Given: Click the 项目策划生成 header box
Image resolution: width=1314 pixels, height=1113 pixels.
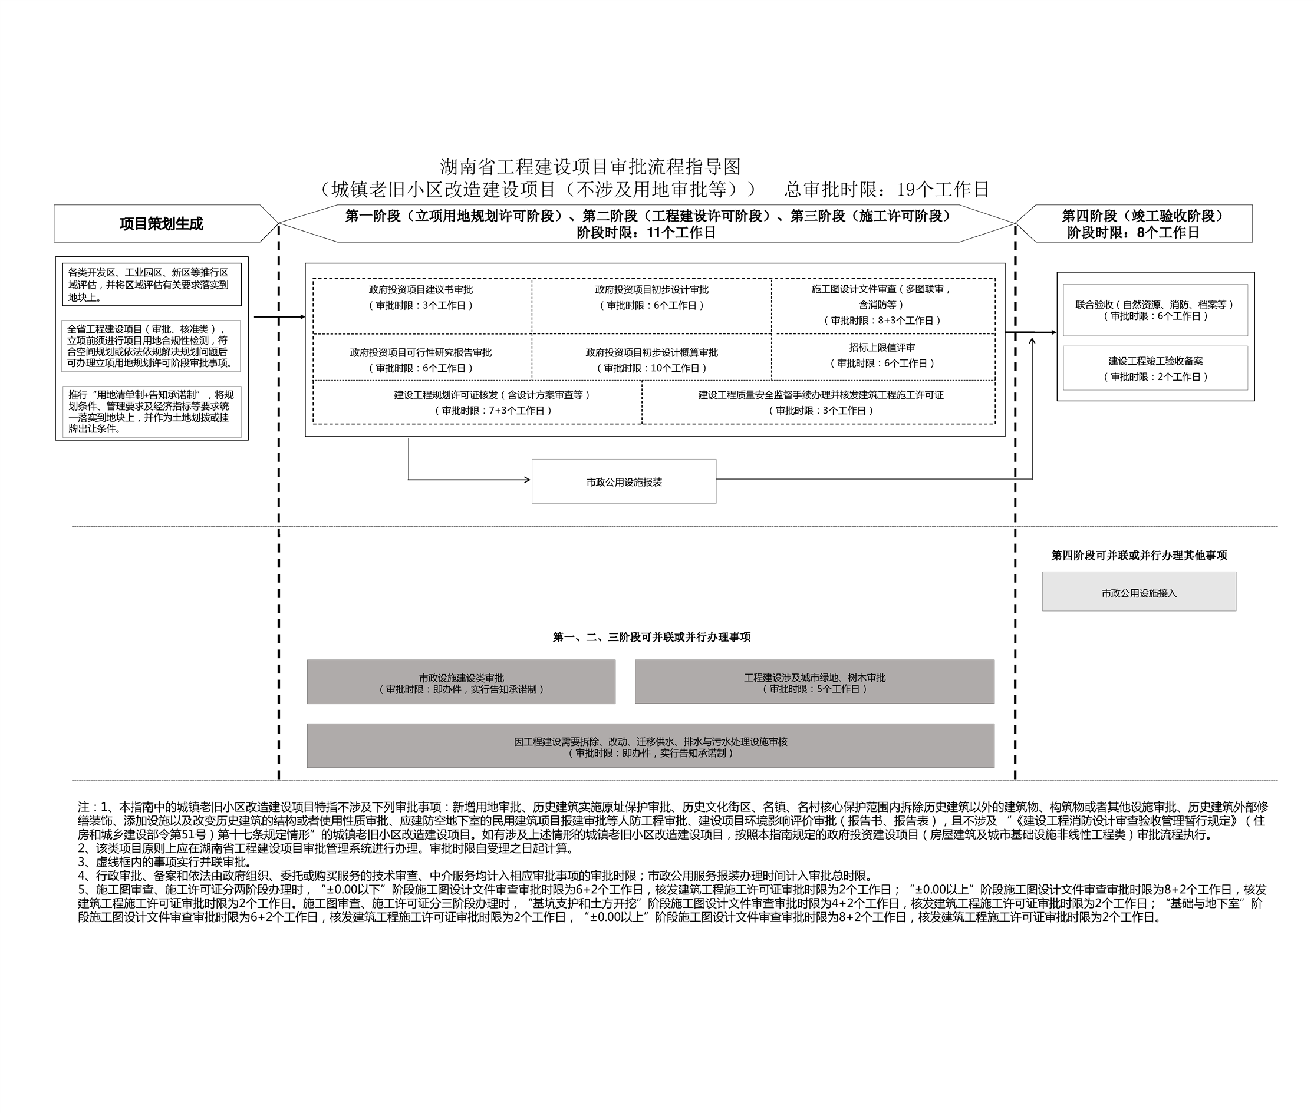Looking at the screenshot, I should pos(161,223).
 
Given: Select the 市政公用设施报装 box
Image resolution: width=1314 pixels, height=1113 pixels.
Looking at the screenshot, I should pos(624,481).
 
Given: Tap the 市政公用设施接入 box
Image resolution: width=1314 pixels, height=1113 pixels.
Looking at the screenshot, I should pos(1138,592).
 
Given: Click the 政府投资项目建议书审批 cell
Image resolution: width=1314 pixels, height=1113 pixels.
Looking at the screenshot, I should pos(421,298).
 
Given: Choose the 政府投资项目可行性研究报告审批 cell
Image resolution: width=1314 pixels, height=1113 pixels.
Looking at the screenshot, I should pos(421,359).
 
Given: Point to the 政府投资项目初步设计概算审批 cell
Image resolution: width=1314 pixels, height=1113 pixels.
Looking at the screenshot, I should pos(651,359).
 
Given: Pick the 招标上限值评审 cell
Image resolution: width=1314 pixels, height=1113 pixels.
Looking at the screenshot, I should pos(882,355).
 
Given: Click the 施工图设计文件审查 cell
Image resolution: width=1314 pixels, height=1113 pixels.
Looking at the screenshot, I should pos(882,305).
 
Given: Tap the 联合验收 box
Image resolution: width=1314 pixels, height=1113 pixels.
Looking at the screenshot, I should pos(1155,310).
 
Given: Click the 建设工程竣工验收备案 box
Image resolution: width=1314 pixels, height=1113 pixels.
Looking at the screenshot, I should pos(1155,368).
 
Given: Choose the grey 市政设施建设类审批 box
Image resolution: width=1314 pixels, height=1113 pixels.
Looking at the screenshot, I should pos(461,682).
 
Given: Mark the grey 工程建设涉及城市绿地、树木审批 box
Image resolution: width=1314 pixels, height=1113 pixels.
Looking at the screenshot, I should pos(814,682).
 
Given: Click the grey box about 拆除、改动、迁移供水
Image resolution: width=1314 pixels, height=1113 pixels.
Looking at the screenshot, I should pos(650,747).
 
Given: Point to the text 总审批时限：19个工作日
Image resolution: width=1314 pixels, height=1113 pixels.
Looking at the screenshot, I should pos(886,189).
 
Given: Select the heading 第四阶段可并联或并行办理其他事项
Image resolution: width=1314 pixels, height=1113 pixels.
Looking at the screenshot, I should pos(1138,555).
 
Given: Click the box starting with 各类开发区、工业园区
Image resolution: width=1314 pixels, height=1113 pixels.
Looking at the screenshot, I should pos(152,285).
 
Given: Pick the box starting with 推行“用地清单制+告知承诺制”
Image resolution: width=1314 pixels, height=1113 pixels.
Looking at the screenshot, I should pos(152,411).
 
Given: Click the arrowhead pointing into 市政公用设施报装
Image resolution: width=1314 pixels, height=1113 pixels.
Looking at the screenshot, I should pos(527,480).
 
